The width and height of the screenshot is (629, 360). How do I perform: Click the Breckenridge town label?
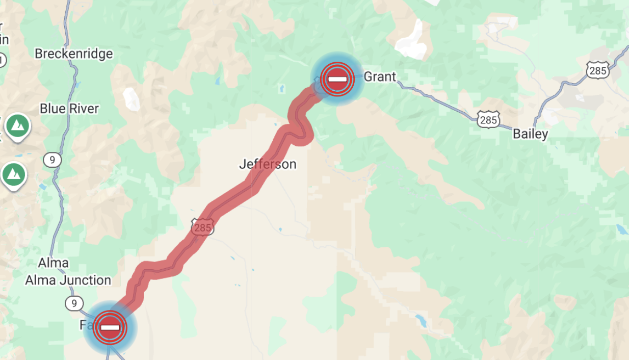click(x=73, y=54)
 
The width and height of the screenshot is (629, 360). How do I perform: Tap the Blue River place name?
click(x=69, y=109)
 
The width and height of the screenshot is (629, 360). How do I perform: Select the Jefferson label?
click(x=268, y=164)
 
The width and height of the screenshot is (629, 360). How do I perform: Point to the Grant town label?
click(x=380, y=77)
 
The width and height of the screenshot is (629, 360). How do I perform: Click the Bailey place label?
click(x=530, y=134)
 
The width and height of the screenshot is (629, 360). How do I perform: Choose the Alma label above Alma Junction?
click(x=54, y=263)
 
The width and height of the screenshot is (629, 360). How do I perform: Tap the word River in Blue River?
click(x=84, y=109)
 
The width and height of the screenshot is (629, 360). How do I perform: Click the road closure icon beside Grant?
click(x=337, y=79)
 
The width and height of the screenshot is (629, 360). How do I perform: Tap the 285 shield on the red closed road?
click(x=202, y=227)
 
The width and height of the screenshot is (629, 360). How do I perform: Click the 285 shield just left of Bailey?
click(x=488, y=120)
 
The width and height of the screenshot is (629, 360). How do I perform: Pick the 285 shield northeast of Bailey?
click(x=597, y=70)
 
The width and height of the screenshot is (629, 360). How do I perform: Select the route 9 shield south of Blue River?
click(x=51, y=160)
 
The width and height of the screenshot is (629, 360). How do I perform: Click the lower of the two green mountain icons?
click(x=14, y=174)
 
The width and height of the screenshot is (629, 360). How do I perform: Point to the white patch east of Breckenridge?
click(x=132, y=99)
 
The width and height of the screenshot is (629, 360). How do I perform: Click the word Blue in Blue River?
click(x=53, y=109)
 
